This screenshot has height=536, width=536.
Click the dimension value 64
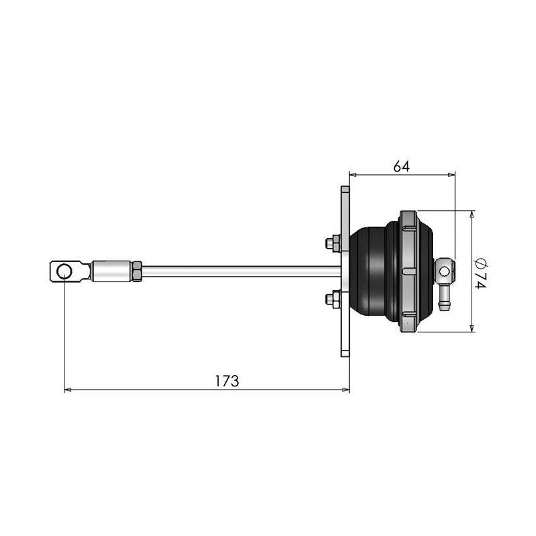[x=401, y=166]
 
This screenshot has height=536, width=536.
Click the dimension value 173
[x=227, y=381]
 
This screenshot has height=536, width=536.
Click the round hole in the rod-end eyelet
[x=65, y=271]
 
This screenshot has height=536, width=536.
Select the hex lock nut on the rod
[x=136, y=271]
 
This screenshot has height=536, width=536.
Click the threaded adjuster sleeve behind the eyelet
[x=111, y=271]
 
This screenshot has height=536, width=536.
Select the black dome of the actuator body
[x=372, y=271]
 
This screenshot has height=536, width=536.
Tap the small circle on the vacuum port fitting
[x=444, y=269]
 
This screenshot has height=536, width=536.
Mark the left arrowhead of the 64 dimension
[x=352, y=176]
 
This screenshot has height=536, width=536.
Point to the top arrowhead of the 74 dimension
[x=472, y=215]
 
